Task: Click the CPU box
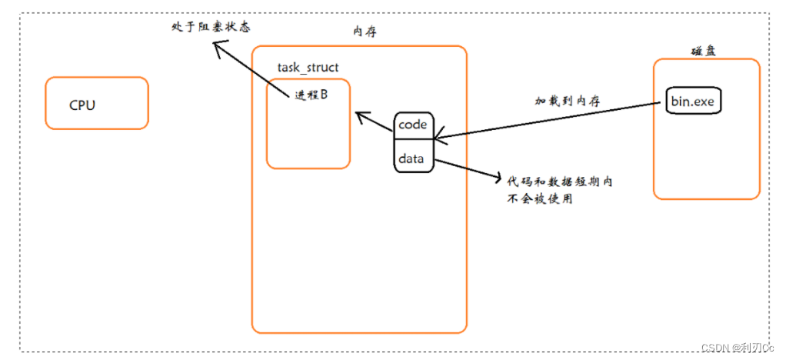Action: [x=96, y=102]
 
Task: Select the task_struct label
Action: [x=308, y=67]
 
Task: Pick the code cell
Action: [x=414, y=125]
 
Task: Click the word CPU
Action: [x=82, y=105]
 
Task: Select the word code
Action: [x=413, y=125]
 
